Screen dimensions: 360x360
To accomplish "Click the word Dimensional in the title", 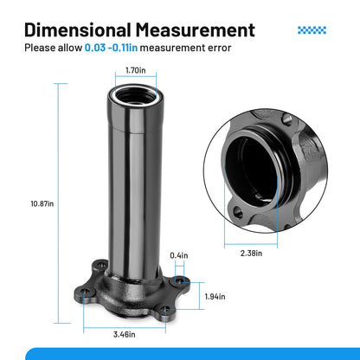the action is pyautogui.click(x=78, y=30).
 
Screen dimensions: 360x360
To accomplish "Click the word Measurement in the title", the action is pyautogui.click(x=196, y=30).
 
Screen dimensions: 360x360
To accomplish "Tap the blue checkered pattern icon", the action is pyautogui.click(x=312, y=30).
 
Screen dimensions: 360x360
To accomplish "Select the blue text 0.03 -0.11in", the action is pyautogui.click(x=111, y=48).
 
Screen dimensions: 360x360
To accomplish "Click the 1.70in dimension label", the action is pyautogui.click(x=136, y=70).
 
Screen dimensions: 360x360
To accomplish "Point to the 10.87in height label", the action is pyautogui.click(x=42, y=203).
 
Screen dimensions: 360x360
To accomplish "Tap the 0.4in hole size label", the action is pyautogui.click(x=179, y=255).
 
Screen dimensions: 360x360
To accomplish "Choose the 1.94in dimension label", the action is pyautogui.click(x=215, y=297).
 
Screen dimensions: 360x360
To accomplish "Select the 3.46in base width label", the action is pyautogui.click(x=125, y=335).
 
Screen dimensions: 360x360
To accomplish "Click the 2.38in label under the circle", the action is pyautogui.click(x=251, y=254).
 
